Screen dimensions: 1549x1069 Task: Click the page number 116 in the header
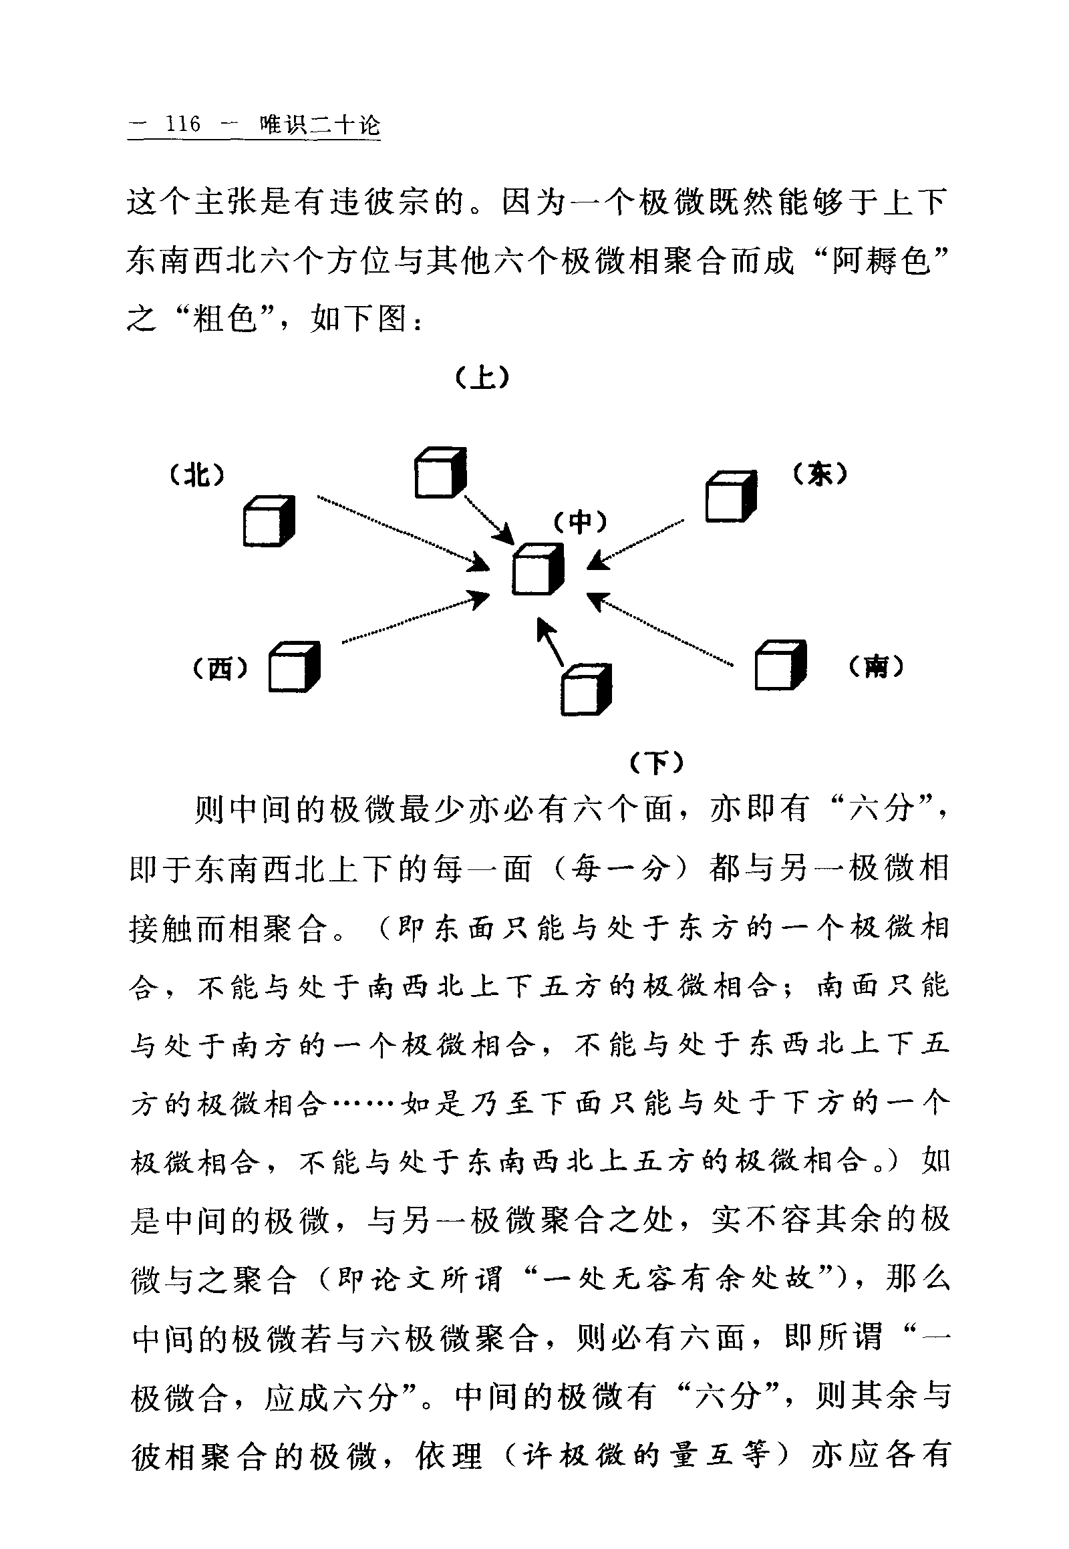coord(183,124)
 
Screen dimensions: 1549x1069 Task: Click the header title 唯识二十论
coord(321,124)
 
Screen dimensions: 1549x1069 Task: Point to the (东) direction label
coord(820,474)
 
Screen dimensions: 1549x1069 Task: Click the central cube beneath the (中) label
coord(538,569)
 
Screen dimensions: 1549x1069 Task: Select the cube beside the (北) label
coord(269,521)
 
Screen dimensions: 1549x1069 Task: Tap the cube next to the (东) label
coord(731,496)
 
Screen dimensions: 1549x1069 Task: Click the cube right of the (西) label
coord(294,667)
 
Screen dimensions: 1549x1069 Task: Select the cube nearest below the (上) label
coord(440,473)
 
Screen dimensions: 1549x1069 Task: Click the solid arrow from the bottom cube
coord(551,640)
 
